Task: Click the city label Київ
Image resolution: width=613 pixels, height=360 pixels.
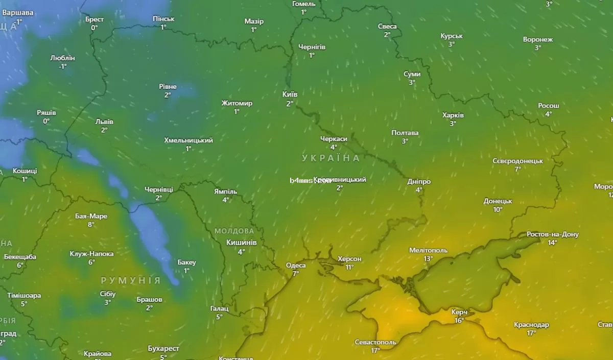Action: click(x=290, y=94)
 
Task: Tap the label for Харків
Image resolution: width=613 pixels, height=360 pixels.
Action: click(x=453, y=115)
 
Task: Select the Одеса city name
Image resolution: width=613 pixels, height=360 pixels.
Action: click(x=296, y=265)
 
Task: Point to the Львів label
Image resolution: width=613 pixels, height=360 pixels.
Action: click(x=104, y=122)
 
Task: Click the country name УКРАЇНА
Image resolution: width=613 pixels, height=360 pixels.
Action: click(x=331, y=158)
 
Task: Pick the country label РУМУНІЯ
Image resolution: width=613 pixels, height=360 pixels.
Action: click(x=131, y=280)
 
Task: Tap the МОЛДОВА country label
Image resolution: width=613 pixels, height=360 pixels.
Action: click(x=234, y=231)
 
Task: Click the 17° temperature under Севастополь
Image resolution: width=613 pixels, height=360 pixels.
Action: click(x=375, y=350)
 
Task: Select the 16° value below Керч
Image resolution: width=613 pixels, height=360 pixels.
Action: click(x=459, y=320)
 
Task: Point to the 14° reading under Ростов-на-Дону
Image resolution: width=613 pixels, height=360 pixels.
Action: click(x=552, y=243)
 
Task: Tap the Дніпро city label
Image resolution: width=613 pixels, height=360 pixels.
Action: click(x=419, y=181)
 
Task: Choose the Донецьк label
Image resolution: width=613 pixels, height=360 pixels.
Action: click(x=498, y=201)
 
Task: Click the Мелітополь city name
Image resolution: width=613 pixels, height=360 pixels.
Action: click(x=428, y=250)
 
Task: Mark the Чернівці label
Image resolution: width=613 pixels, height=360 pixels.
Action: click(x=159, y=189)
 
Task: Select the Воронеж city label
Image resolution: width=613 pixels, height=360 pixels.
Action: click(x=538, y=39)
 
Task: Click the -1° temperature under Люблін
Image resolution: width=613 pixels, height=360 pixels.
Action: click(x=62, y=66)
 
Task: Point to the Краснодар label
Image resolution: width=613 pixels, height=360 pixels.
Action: click(x=531, y=325)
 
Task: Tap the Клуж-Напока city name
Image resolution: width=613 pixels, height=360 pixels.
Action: click(x=91, y=254)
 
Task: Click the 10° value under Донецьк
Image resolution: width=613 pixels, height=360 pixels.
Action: click(x=498, y=209)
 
